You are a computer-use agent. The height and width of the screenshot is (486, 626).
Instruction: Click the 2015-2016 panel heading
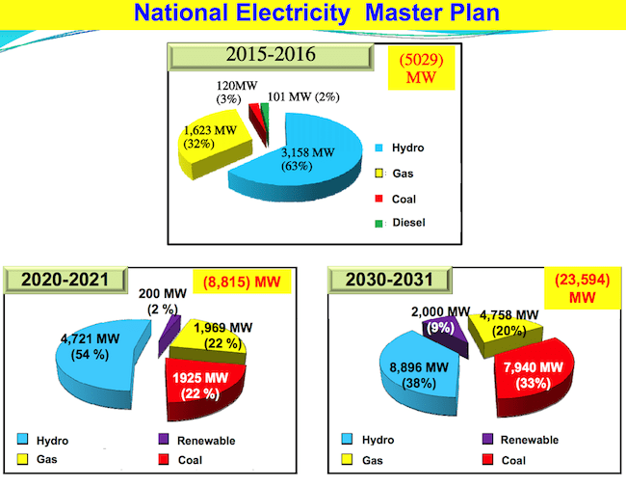click(x=271, y=56)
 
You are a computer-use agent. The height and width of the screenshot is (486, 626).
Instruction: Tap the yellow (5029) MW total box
click(x=421, y=67)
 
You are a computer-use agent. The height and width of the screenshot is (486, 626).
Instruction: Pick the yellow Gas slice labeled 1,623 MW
click(x=214, y=144)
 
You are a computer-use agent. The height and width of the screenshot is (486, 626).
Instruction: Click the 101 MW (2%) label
click(x=303, y=97)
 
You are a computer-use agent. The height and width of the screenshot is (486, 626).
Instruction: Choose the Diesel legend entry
click(x=400, y=223)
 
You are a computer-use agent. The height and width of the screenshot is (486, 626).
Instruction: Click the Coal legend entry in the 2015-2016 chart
click(x=395, y=199)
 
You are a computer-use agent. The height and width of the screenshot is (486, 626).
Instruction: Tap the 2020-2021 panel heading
click(x=65, y=280)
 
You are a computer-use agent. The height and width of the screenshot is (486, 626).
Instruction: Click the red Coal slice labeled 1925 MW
click(x=203, y=388)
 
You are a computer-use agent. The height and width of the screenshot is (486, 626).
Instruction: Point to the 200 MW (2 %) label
click(x=163, y=302)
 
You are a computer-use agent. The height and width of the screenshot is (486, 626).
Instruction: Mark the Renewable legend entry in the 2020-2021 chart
click(x=196, y=441)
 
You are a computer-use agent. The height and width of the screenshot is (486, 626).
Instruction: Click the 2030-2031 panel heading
click(x=390, y=280)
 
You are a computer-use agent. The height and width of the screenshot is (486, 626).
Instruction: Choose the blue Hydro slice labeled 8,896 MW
click(x=419, y=374)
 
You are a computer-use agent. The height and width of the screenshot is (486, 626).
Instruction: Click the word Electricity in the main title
click(x=293, y=13)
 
